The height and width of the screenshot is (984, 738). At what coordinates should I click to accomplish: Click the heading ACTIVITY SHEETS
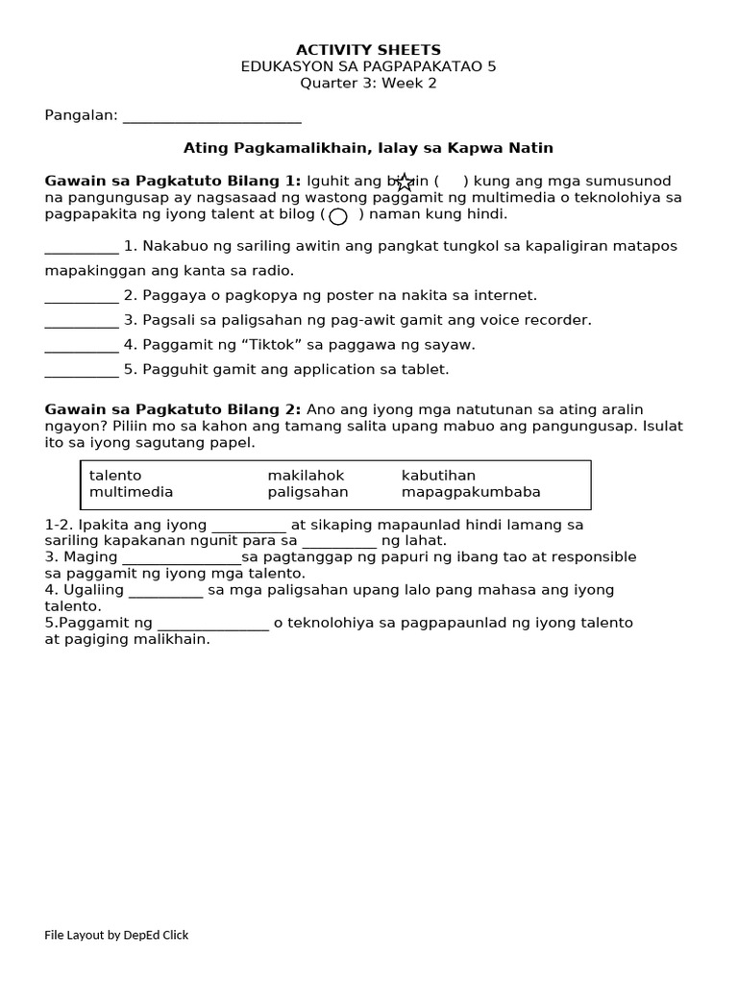(368, 50)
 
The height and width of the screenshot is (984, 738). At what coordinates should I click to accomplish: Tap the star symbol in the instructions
(405, 182)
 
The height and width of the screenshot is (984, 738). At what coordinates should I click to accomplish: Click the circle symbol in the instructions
(338, 216)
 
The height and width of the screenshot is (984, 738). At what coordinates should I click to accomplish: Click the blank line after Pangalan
(212, 117)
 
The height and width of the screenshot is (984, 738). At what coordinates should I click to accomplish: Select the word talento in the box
(115, 476)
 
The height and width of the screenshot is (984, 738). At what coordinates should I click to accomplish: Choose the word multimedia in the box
(132, 492)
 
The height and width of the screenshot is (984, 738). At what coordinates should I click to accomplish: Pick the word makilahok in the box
(306, 476)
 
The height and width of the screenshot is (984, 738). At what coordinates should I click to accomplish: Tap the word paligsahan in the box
(307, 492)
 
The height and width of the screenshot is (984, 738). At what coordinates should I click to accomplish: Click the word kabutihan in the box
(438, 476)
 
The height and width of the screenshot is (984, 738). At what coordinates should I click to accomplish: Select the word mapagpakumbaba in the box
(471, 492)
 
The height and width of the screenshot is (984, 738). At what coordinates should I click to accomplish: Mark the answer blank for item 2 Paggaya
(82, 297)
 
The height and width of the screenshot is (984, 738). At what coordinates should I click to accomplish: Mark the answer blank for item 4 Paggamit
(82, 346)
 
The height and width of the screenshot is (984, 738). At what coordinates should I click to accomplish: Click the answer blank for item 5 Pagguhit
(82, 371)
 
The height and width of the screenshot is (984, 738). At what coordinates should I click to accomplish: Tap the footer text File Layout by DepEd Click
(116, 935)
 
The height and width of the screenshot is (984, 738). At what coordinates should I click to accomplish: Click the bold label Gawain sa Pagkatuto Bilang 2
(173, 409)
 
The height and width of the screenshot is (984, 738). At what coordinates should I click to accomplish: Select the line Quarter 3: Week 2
(368, 83)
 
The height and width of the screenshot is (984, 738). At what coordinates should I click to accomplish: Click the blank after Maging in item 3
(182, 558)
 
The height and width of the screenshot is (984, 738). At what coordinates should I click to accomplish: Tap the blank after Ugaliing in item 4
(165, 591)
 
